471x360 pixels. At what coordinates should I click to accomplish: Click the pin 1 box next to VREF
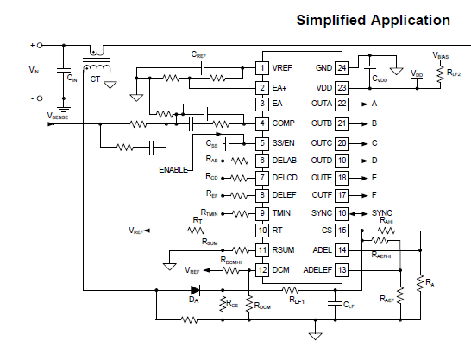coord(262,68)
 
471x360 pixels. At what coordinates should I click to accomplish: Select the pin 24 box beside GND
coord(342,68)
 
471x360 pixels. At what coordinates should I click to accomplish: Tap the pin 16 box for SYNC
coord(342,213)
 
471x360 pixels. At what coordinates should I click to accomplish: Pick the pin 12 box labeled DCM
coord(262,270)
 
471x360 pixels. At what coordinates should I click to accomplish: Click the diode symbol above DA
coord(196,290)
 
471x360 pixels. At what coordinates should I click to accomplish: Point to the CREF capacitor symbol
coord(203,68)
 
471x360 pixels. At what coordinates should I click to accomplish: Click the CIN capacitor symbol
coord(64,70)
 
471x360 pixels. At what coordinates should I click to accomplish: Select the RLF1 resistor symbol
coord(291,290)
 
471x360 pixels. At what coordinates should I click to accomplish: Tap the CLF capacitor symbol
coord(336,303)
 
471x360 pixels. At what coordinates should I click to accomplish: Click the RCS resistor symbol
coord(223,304)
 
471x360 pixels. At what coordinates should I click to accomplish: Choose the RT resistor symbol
coord(196,231)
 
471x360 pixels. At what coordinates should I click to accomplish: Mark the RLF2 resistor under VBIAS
coord(440,74)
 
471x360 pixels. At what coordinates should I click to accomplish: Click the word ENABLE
coord(173,170)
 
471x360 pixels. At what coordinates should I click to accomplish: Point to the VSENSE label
coord(58,116)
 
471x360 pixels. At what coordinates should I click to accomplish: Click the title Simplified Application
coord(373,21)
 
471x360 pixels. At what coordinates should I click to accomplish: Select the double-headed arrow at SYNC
coord(359,213)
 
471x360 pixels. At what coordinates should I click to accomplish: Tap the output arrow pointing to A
coord(358,104)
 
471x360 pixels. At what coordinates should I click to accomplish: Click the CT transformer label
coord(95,79)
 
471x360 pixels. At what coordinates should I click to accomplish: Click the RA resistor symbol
coord(420,283)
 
